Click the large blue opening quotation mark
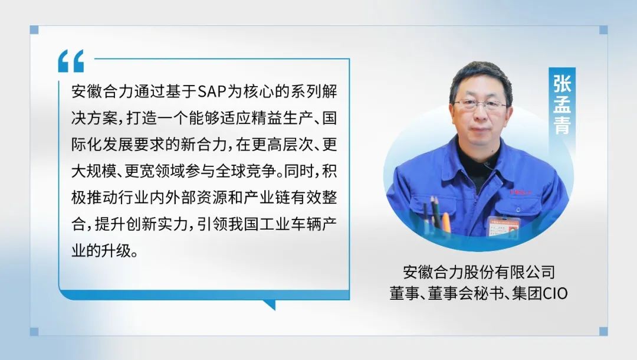(x=71, y=61)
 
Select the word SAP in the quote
(x=212, y=91)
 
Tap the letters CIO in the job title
(x=556, y=293)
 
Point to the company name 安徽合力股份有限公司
(x=479, y=272)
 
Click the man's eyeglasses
(x=480, y=104)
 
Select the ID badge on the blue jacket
(x=504, y=227)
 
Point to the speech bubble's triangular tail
(x=270, y=305)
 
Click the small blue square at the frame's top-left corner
(x=34, y=30)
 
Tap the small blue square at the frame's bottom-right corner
(x=604, y=332)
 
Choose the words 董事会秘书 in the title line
(x=466, y=293)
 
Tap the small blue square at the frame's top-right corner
(x=604, y=30)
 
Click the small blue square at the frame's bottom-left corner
(x=34, y=332)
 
